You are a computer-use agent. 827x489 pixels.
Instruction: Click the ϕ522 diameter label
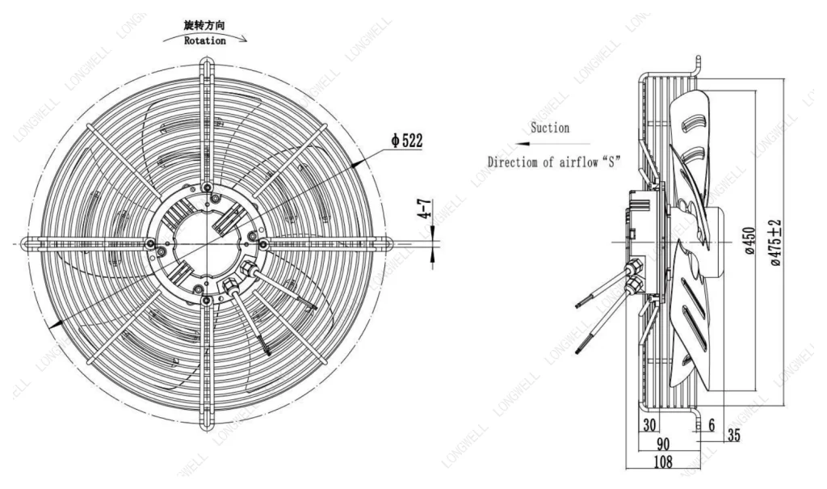click(x=406, y=141)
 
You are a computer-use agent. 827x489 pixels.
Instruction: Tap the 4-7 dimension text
click(x=425, y=209)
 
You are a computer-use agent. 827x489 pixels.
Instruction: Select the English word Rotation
click(x=204, y=40)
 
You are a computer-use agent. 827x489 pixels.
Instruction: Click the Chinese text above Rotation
click(x=204, y=25)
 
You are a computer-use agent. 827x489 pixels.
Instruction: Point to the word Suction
click(x=549, y=128)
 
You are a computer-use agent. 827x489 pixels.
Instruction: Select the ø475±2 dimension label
click(x=776, y=242)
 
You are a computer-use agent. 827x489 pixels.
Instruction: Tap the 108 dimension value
click(x=663, y=462)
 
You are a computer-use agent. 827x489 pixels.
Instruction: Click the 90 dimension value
click(x=662, y=444)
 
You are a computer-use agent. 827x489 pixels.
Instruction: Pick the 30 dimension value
click(x=649, y=424)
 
